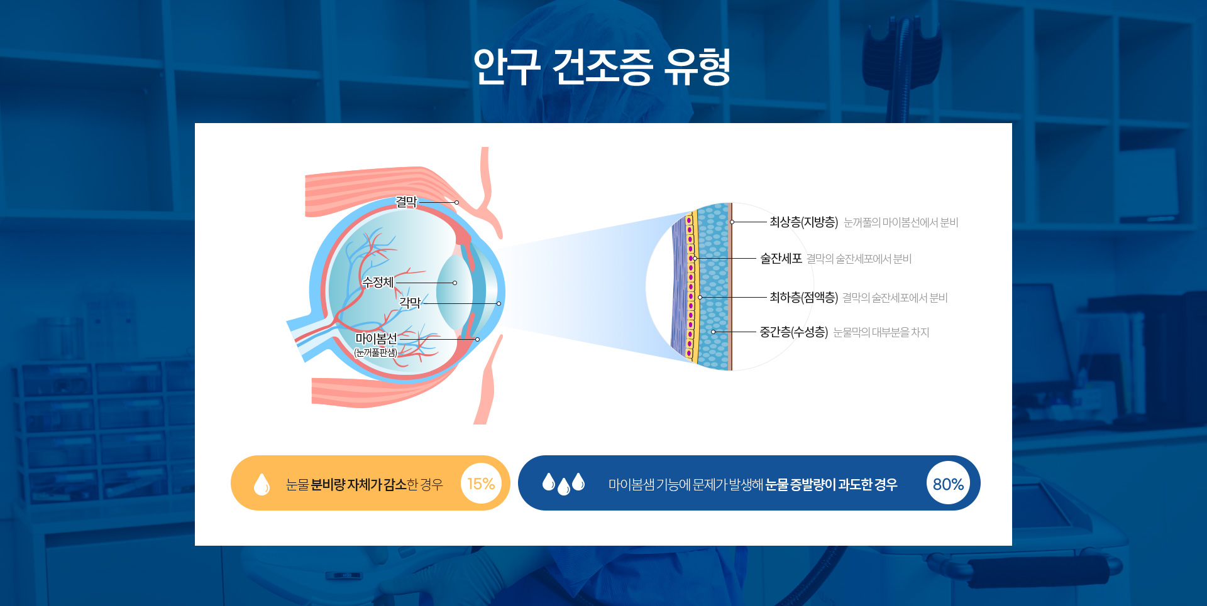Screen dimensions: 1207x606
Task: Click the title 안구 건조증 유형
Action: [x=602, y=67]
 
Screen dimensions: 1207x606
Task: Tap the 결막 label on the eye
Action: [x=406, y=202]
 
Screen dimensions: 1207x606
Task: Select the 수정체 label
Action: [x=378, y=282]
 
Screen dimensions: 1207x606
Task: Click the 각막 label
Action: [x=410, y=303]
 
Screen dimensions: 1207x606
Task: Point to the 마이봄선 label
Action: [x=376, y=338]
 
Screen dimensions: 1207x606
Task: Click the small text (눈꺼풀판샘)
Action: [x=376, y=352]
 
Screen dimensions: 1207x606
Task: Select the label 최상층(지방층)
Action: [x=803, y=222]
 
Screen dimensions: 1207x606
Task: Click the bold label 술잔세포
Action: [x=781, y=258]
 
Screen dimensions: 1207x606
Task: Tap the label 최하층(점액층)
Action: [x=803, y=297]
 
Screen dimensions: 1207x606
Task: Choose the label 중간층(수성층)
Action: [x=793, y=332]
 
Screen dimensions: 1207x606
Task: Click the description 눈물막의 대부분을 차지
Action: [x=881, y=332]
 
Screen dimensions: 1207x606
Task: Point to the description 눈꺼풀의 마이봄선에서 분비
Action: [x=901, y=222]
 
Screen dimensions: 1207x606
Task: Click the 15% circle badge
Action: [x=481, y=484]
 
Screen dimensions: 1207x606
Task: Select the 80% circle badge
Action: [x=948, y=484]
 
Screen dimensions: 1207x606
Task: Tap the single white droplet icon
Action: [x=262, y=484]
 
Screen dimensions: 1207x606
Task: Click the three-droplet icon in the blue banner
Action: [x=563, y=484]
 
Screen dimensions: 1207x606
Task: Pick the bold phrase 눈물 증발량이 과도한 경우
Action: [x=831, y=484]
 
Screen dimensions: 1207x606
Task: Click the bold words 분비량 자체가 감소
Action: [x=359, y=484]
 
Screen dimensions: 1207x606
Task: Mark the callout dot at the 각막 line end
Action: [x=499, y=303]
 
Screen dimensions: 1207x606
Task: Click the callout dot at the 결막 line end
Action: [x=457, y=202]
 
